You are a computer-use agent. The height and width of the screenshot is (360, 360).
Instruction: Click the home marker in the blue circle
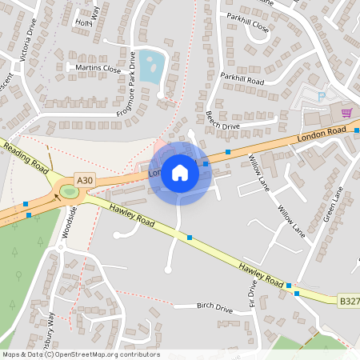[180, 172]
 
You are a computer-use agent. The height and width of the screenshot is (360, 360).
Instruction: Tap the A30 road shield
[84, 181]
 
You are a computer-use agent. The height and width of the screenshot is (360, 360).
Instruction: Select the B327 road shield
[349, 302]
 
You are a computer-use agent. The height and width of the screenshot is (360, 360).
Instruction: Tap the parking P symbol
[322, 96]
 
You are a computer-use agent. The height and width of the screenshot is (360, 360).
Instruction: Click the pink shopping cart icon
[346, 112]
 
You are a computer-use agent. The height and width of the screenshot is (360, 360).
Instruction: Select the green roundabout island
[68, 191]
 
